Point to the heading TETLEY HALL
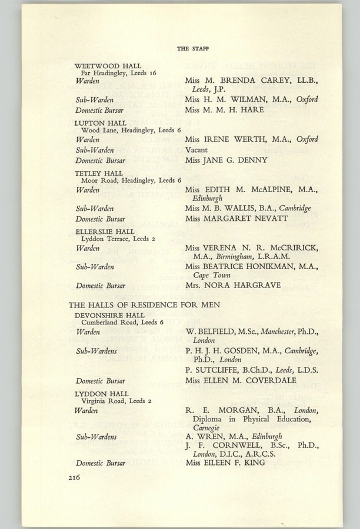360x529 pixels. coord(99,173)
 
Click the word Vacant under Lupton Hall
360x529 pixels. coord(196,150)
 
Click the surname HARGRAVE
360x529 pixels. coord(251,286)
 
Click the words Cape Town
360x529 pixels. coord(210,275)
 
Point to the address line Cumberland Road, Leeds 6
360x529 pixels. coord(118,323)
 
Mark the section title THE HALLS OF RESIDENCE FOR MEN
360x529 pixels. coord(144,305)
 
